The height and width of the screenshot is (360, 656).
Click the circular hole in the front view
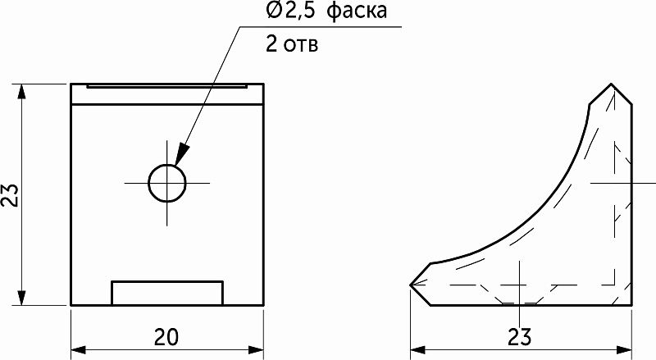click(x=166, y=182)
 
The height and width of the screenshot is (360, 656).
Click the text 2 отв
click(x=292, y=43)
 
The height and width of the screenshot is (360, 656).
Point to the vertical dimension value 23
click(x=11, y=194)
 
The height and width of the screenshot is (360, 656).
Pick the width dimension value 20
click(x=166, y=337)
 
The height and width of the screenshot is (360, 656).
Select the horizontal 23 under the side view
click(x=519, y=337)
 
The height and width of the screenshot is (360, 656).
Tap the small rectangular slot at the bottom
click(x=166, y=293)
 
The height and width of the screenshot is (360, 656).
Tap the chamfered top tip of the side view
click(x=612, y=85)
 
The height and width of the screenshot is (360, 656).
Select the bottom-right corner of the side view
click(x=631, y=304)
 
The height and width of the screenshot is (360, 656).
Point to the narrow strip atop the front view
click(x=166, y=84)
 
